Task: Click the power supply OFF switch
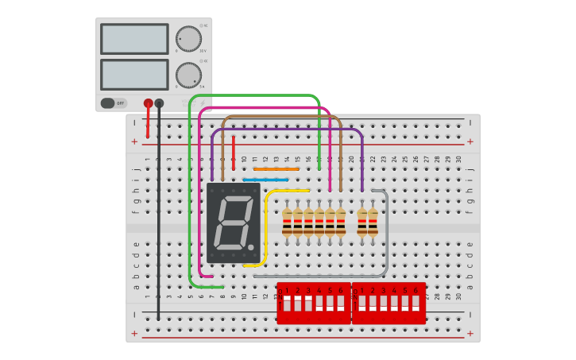(x=114, y=103)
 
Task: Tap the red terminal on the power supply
(x=148, y=103)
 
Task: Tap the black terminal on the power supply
(x=159, y=103)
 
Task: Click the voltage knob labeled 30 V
(x=188, y=38)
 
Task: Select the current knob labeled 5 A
(x=188, y=75)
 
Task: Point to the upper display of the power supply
(x=134, y=39)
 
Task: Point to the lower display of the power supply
(x=134, y=75)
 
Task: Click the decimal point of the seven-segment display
(x=251, y=247)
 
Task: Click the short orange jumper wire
(x=276, y=168)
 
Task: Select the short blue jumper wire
(x=265, y=180)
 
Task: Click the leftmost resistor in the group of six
(x=287, y=223)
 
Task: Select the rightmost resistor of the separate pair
(x=373, y=223)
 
